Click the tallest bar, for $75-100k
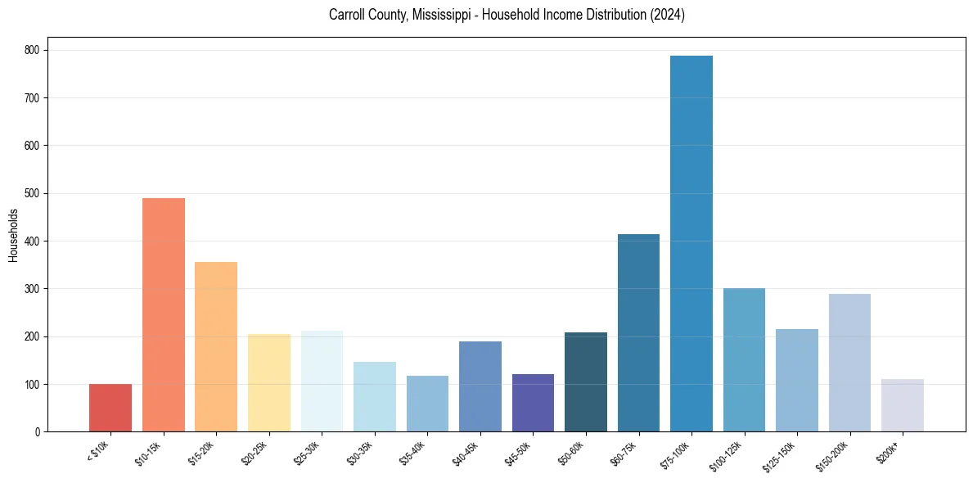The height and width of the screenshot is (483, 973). [691, 246]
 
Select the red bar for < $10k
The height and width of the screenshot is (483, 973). [110, 408]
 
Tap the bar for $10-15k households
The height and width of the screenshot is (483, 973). [164, 315]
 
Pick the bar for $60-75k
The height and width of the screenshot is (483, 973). [638, 333]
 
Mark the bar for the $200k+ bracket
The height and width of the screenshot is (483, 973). [903, 405]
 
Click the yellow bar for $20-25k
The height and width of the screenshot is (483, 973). [269, 382]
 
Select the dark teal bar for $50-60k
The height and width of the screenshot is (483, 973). [586, 382]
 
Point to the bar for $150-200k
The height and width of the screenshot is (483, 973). [849, 363]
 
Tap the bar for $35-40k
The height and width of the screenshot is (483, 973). [427, 404]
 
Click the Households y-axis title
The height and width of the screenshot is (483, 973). [13, 235]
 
